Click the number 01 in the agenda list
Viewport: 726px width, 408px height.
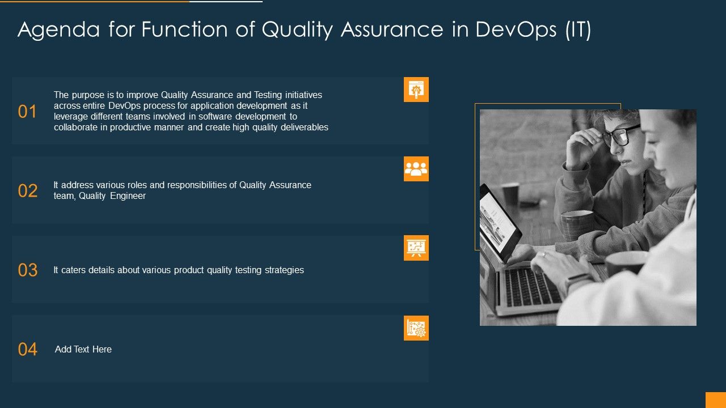click(27, 112)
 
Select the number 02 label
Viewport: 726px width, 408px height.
click(27, 191)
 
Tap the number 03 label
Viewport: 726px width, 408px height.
click(27, 270)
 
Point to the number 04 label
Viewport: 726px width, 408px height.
click(27, 350)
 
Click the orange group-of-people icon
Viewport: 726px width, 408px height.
click(416, 169)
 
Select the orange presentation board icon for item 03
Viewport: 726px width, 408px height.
click(416, 248)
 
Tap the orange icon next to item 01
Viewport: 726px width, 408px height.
click(416, 90)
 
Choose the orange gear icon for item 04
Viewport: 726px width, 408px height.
click(416, 328)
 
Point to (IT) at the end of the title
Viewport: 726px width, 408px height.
click(577, 30)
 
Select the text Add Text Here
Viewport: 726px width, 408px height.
click(83, 350)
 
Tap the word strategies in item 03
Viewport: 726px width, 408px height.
click(284, 270)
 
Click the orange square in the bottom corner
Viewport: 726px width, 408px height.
click(715, 400)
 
